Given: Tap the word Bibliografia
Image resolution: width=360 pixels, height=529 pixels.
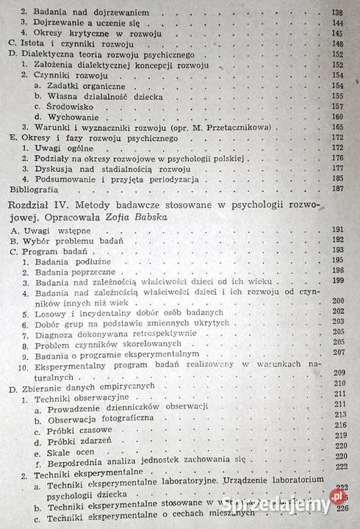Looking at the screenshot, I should [32, 187].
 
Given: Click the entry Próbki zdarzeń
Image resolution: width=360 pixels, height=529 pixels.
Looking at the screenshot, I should [79, 443].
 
